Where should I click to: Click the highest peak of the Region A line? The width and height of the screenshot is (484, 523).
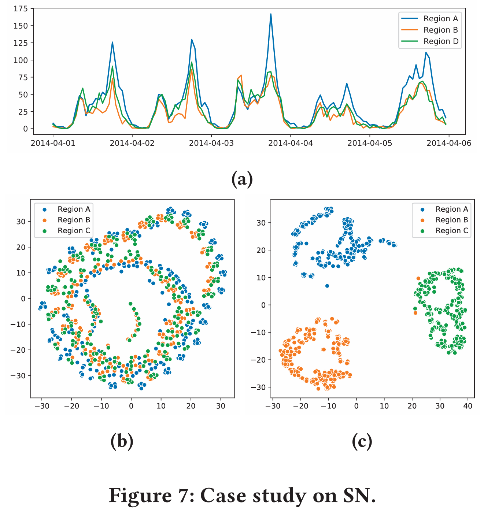click(271, 14)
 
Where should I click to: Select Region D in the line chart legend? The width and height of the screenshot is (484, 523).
click(441, 41)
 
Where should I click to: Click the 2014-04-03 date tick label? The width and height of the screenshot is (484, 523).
click(211, 143)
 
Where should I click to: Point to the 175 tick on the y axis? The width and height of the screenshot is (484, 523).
click(21, 9)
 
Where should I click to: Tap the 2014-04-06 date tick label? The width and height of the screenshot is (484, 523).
click(449, 143)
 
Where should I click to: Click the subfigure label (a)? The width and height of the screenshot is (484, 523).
click(242, 179)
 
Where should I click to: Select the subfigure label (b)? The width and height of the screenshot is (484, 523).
click(122, 441)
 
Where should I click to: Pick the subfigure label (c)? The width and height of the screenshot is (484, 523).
click(362, 441)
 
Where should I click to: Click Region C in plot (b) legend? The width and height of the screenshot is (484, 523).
click(74, 231)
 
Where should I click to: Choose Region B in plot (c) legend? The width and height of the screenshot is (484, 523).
click(452, 220)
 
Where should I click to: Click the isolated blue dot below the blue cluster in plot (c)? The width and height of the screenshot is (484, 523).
click(327, 286)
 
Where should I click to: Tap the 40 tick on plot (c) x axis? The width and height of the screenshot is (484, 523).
click(468, 406)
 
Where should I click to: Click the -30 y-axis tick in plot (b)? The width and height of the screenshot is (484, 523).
click(18, 376)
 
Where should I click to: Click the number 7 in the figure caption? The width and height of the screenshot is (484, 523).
click(183, 496)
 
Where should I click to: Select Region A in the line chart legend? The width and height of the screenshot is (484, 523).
click(441, 19)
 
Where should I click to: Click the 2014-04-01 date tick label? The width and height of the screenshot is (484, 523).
click(53, 143)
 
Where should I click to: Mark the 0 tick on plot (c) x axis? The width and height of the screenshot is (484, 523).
click(356, 406)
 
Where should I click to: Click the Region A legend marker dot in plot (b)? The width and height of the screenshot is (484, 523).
click(45, 209)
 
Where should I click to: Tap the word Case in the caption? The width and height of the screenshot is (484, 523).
click(223, 496)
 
